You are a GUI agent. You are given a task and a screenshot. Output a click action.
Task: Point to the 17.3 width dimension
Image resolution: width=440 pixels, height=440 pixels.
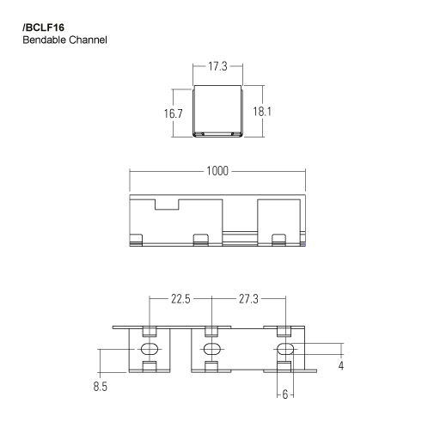pos(217,64)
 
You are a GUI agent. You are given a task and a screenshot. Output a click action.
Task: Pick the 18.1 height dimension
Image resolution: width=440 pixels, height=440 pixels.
pos(262,112)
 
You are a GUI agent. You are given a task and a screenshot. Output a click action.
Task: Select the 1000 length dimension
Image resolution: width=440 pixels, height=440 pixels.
pos(217,171)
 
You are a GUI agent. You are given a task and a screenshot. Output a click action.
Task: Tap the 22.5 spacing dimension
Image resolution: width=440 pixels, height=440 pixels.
pos(180,299)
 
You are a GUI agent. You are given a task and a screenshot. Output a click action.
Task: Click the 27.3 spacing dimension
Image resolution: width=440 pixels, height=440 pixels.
pos(247,299)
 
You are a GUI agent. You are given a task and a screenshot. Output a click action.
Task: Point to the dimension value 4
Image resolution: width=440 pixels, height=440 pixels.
pos(342,366)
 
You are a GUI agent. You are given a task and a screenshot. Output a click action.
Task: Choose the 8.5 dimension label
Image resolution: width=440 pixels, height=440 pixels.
pos(101,388)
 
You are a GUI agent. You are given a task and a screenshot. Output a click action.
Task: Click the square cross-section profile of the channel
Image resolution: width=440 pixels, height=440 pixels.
pos(217,111)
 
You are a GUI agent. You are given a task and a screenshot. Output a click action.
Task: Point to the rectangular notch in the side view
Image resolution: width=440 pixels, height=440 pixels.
pos(166,205)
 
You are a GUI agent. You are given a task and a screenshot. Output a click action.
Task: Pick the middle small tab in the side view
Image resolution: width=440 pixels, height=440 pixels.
pos(201,238)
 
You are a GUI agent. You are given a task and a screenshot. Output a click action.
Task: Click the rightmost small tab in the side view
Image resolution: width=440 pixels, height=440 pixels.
pos(278,238)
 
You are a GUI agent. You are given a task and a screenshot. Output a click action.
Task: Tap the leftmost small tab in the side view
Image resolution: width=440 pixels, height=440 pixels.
pos(135,238)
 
